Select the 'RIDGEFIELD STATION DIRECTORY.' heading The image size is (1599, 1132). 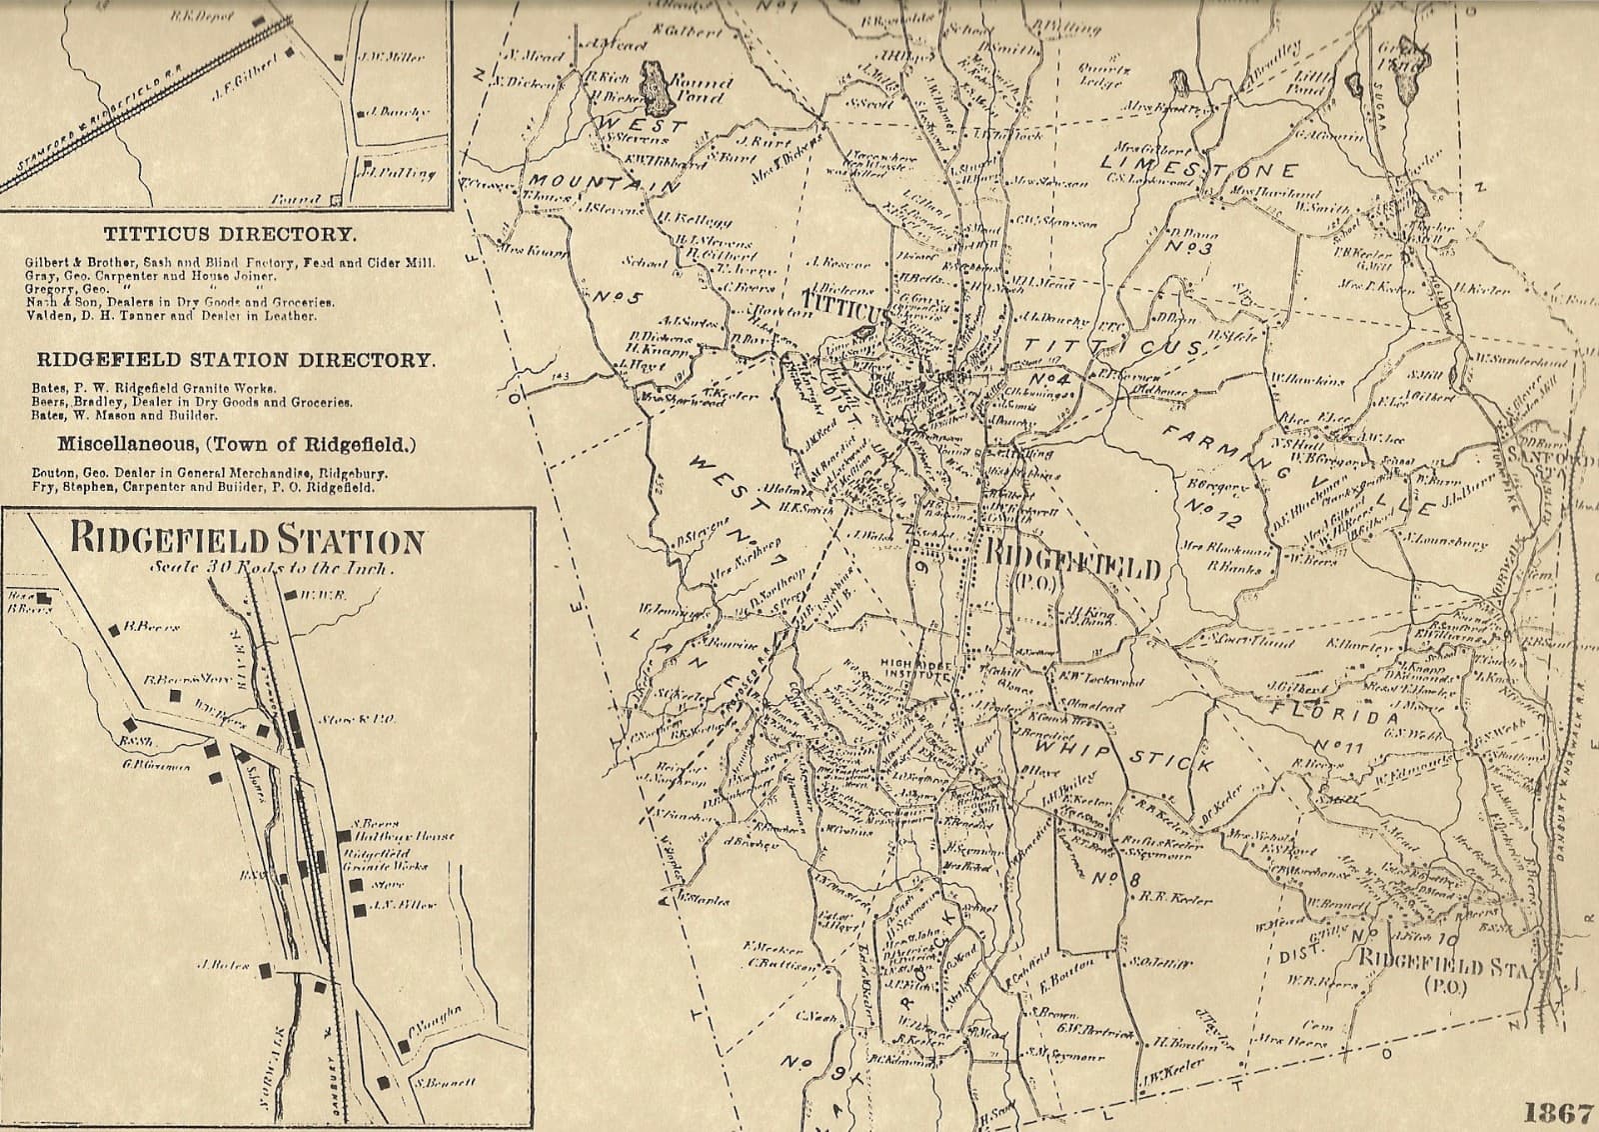coord(236,360)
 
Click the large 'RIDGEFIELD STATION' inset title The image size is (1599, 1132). coord(246,542)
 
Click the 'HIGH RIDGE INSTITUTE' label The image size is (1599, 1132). coord(914,668)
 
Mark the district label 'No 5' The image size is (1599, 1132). coord(618,297)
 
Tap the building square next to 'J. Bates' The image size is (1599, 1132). coord(265,969)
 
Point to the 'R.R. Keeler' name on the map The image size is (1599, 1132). coord(1176,899)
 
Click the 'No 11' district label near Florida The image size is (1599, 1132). coord(1338,746)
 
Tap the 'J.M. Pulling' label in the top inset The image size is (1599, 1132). coord(401,173)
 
